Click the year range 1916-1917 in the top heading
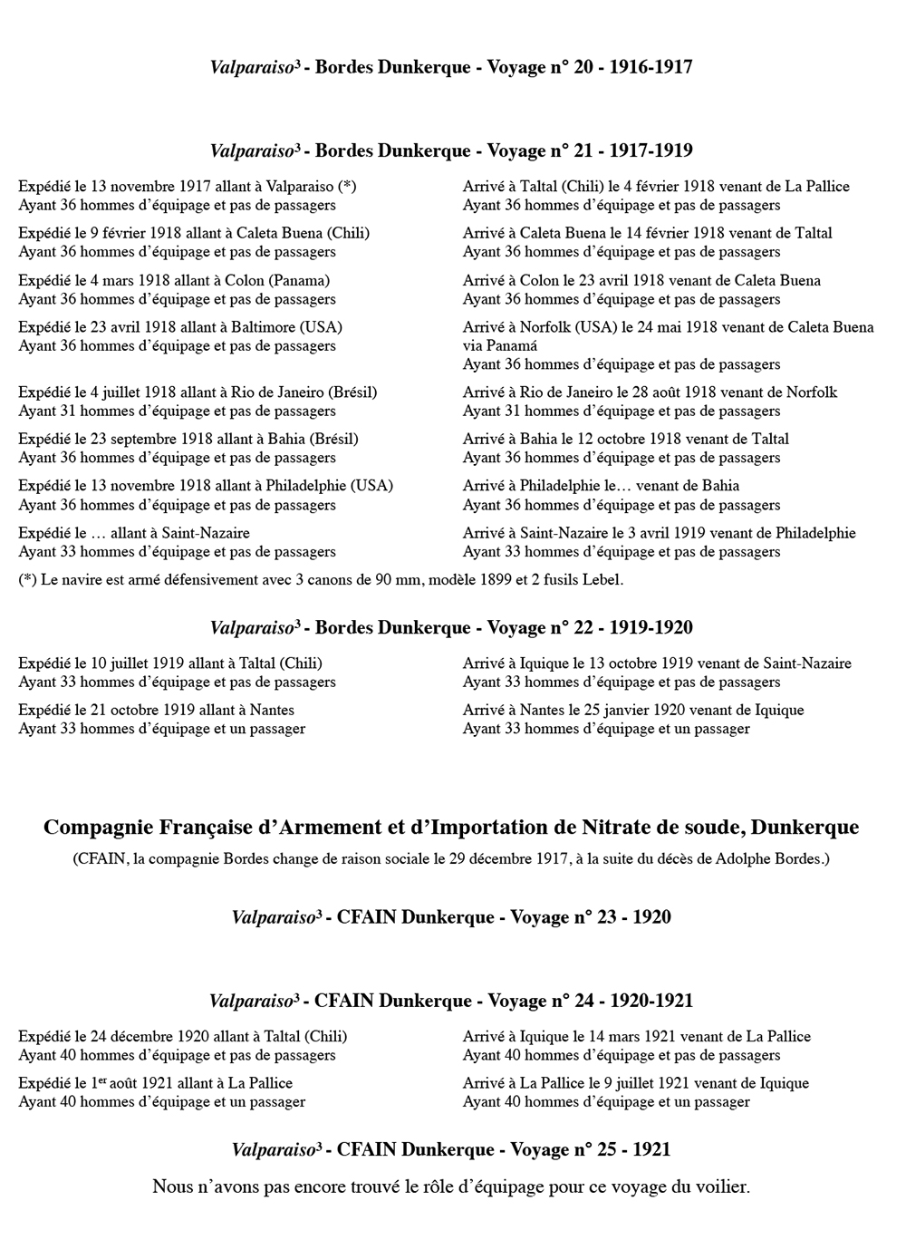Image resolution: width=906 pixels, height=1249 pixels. [651, 67]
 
